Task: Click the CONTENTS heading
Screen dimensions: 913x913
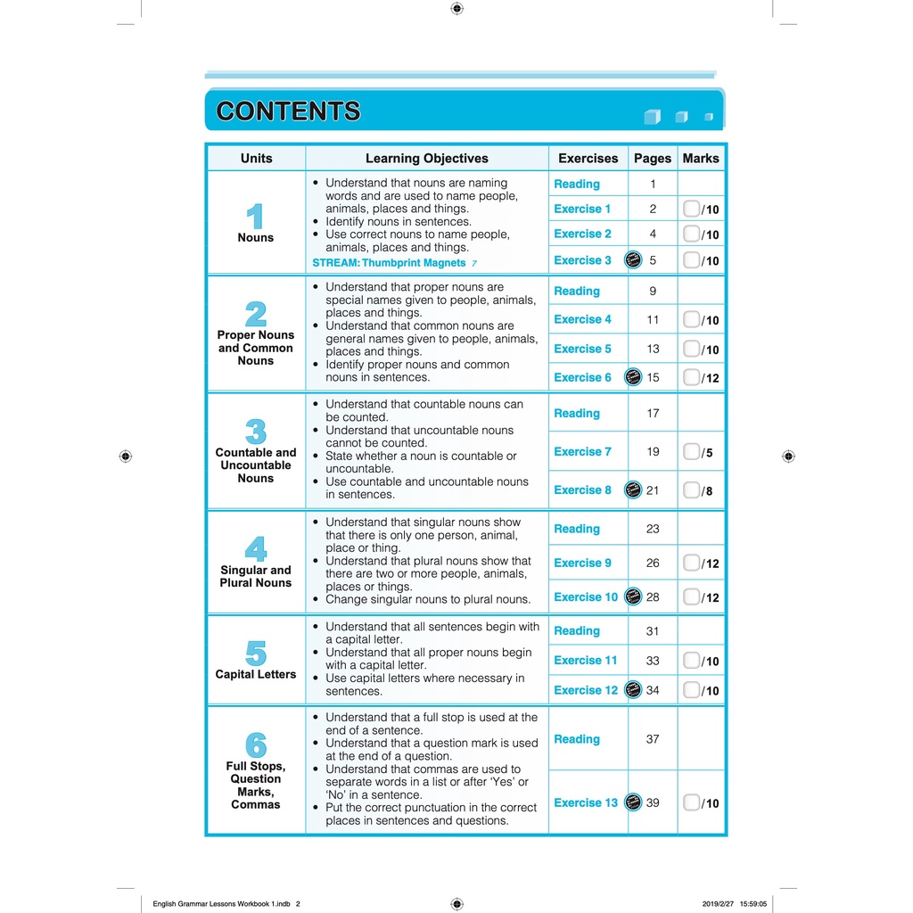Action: coord(288,111)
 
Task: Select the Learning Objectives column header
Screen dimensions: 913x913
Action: coord(426,159)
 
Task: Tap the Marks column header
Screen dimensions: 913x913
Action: coord(700,159)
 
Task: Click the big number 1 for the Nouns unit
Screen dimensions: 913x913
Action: coord(255,217)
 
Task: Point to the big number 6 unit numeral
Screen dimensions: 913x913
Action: coord(255,744)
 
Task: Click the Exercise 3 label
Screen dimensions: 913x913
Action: coord(582,260)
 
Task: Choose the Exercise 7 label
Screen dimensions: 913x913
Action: coord(582,452)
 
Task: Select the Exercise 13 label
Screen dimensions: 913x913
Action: coord(585,802)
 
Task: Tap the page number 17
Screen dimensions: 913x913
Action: coord(653,414)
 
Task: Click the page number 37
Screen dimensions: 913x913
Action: coord(653,739)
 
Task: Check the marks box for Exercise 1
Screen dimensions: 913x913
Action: coord(691,209)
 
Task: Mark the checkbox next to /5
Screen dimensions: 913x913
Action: coord(691,452)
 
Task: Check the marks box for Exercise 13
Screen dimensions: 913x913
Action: coord(691,802)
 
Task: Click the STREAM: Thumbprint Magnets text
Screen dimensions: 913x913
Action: coord(389,263)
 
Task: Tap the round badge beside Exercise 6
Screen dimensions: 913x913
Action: coord(633,377)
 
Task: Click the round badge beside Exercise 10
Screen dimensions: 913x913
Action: coord(633,596)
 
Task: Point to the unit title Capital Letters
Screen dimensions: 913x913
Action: coord(256,674)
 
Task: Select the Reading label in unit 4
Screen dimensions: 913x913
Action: coord(577,529)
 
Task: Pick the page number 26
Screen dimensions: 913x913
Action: coord(653,563)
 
